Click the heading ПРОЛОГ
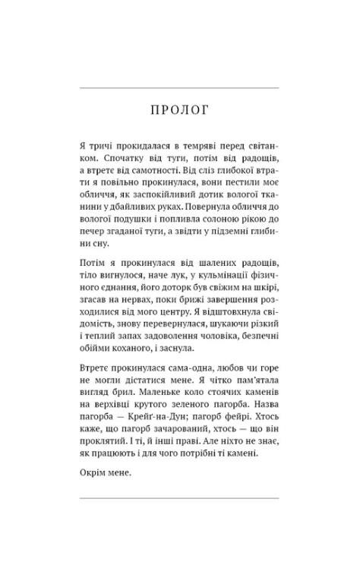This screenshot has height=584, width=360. click(180, 111)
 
